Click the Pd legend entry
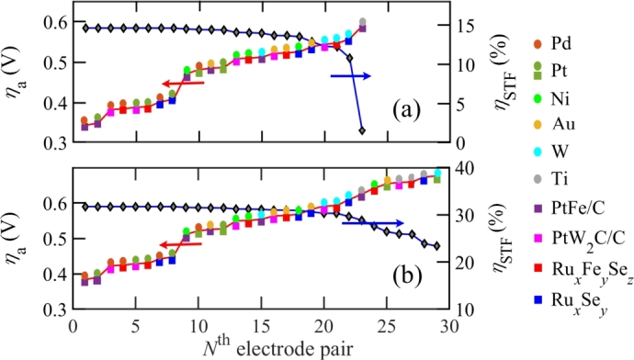(561, 42)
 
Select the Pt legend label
(560, 68)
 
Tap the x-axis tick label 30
(450, 326)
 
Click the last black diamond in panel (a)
(362, 131)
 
